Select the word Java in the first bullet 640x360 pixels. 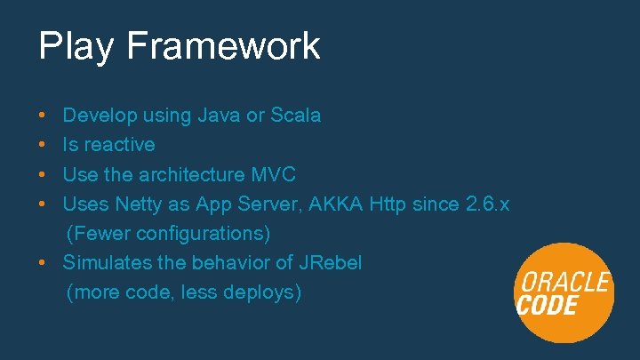218,116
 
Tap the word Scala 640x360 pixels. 296,116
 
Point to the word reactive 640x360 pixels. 120,145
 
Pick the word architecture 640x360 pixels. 188,174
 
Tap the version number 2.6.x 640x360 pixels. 487,204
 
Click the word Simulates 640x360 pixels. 104,262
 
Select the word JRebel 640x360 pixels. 331,262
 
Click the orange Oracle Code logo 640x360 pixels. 564,292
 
